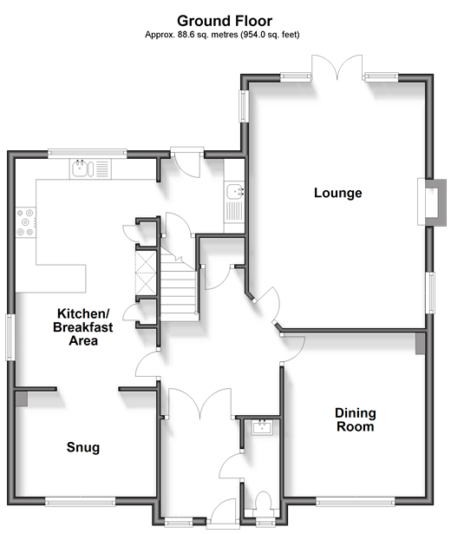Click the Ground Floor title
point(225,21)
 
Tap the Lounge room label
point(337,193)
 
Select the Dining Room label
point(356,419)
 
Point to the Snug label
point(83,447)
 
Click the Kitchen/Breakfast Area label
point(83,327)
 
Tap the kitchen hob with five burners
point(25,222)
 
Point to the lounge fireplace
point(432,202)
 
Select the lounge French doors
point(337,67)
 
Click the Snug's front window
point(81,502)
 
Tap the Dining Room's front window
point(356,502)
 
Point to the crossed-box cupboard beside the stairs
point(146,273)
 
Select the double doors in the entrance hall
point(200,404)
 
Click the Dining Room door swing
point(293,349)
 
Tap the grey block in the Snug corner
point(22,399)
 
